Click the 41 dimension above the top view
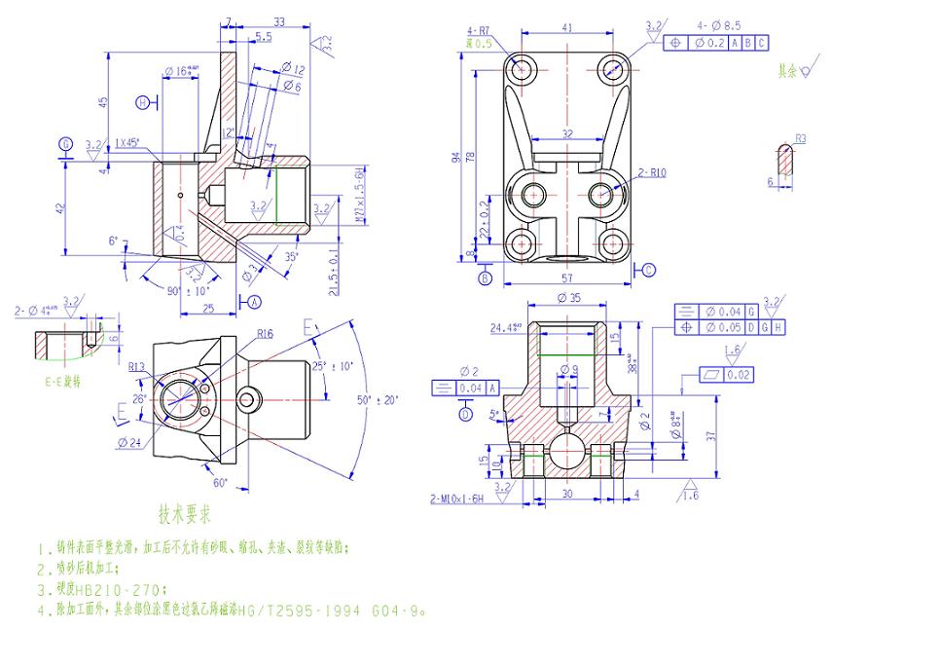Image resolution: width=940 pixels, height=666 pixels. [x=566, y=28]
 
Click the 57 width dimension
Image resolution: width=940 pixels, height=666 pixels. [x=566, y=278]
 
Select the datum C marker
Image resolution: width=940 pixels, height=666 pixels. [x=649, y=270]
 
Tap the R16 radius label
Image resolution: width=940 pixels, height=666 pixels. [x=265, y=334]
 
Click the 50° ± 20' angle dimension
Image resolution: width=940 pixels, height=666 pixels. [x=378, y=399]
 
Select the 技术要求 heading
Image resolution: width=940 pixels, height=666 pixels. [x=185, y=511]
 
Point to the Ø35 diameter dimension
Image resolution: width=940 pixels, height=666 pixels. [x=568, y=299]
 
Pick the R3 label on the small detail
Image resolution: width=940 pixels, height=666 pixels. [x=801, y=139]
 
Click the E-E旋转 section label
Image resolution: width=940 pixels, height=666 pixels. [x=62, y=381]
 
